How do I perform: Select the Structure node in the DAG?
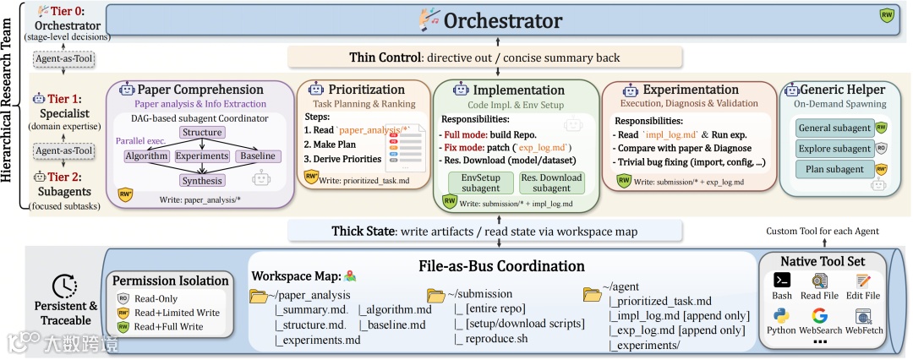(x=201, y=133)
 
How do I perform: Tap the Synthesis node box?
(x=201, y=180)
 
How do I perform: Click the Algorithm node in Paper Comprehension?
(x=146, y=156)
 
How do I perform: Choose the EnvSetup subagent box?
(x=479, y=183)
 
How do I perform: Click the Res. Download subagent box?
(x=551, y=183)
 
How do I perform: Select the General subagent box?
(x=835, y=128)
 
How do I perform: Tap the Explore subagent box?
(x=835, y=149)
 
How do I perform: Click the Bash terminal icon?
(x=783, y=281)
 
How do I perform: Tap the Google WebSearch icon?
(x=819, y=316)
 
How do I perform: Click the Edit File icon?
(x=863, y=281)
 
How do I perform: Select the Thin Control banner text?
(x=485, y=57)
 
